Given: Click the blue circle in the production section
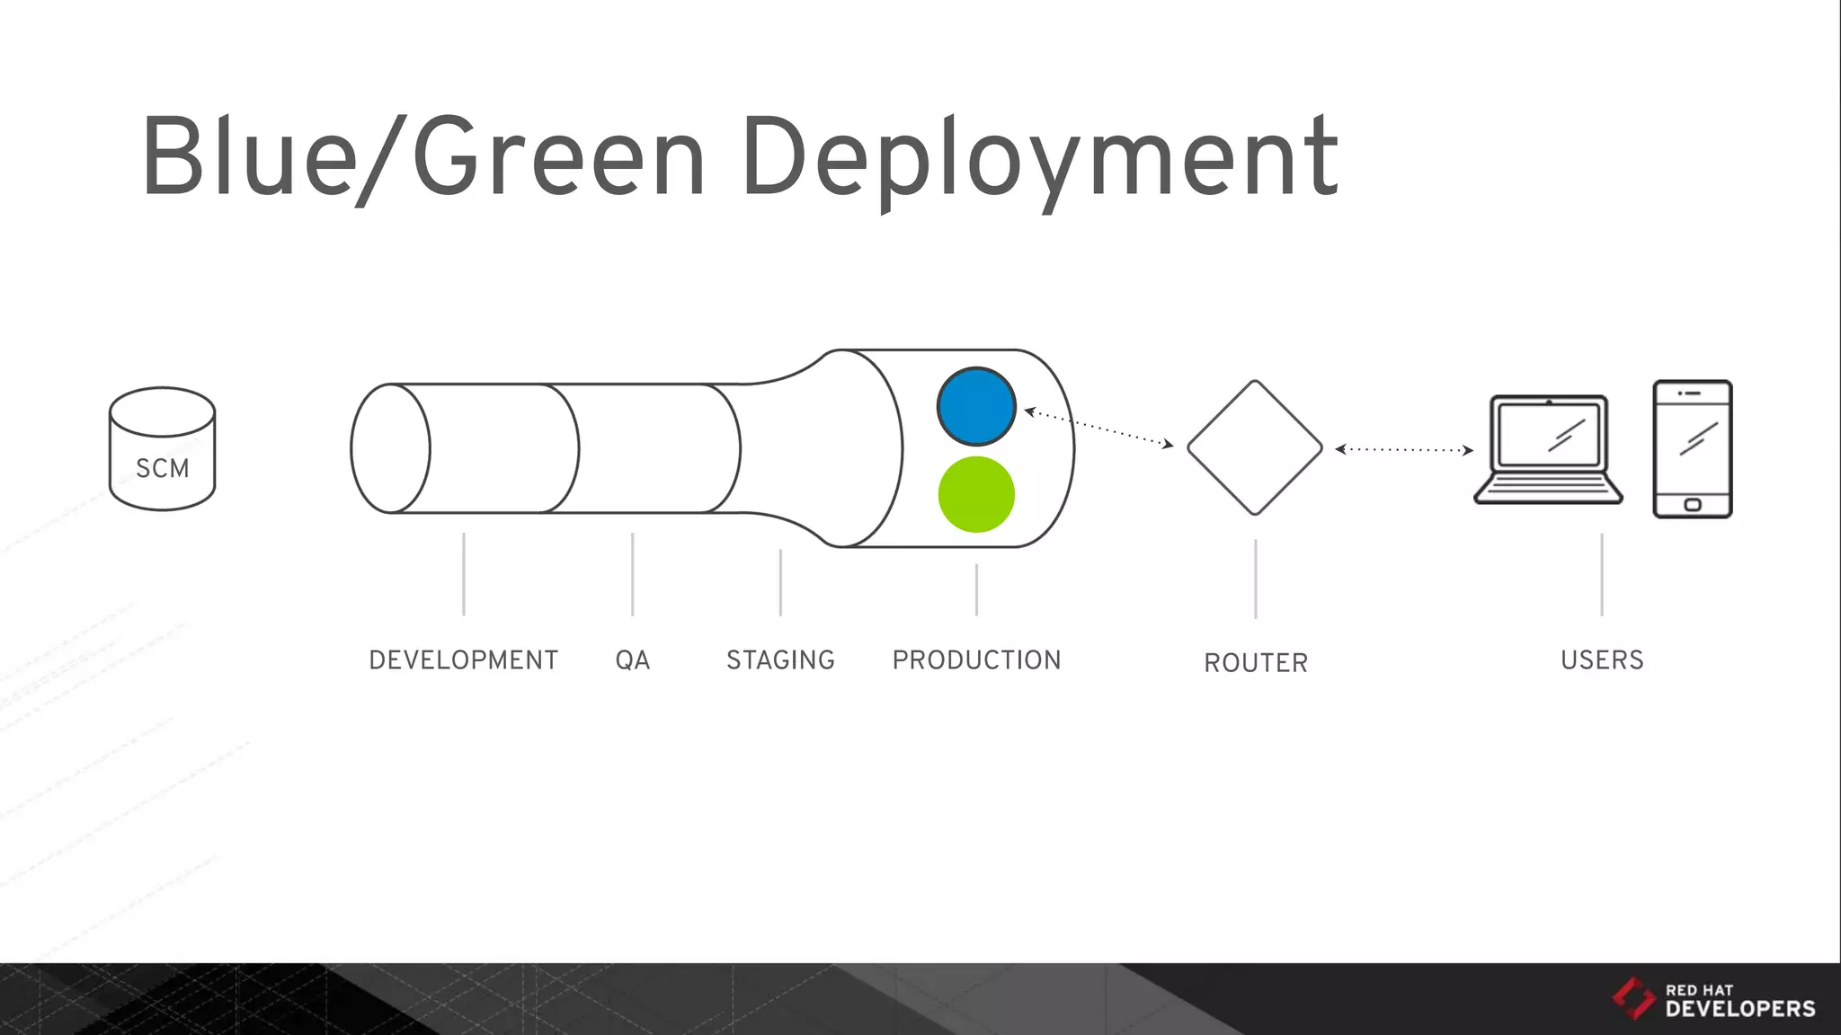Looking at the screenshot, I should point(976,406).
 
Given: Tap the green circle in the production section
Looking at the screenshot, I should point(976,494).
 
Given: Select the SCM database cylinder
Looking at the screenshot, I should point(162,448).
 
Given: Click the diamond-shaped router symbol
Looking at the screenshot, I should point(1255,447).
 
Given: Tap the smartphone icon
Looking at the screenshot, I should point(1692,448).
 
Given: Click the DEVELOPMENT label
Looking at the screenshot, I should point(463,660).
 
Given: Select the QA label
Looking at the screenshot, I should point(632,660).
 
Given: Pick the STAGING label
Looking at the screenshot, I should point(780,660).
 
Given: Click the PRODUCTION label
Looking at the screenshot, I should point(976,660).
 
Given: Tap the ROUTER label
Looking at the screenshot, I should point(1256,663).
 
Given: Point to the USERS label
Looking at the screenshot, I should point(1602,660).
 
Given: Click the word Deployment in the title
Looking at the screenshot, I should point(1039,159).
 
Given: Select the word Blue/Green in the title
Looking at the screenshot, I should point(422,157).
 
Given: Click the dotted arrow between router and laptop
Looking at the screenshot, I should point(1404,449).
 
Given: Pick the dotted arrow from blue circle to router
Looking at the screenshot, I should point(1098,428).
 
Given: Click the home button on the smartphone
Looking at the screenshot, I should point(1692,505).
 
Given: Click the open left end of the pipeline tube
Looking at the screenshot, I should point(390,448).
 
